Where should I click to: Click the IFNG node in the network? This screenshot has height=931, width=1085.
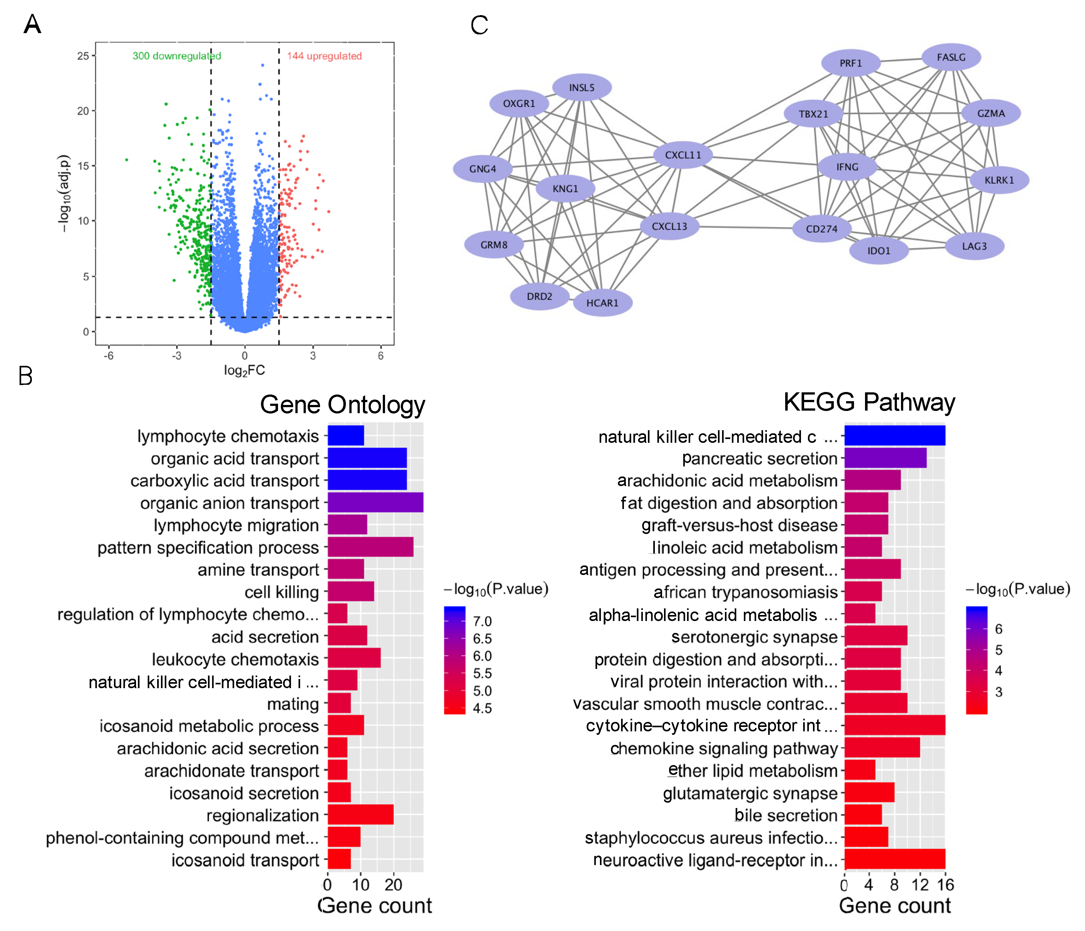(x=847, y=167)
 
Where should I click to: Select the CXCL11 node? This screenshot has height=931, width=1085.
(x=683, y=155)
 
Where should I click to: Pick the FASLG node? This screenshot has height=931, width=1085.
(x=951, y=57)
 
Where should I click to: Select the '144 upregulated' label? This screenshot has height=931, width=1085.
(x=324, y=56)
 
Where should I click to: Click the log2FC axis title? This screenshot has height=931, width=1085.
(x=245, y=371)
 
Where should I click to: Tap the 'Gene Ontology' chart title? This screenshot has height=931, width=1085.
(x=342, y=405)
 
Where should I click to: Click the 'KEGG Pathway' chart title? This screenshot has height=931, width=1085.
(x=869, y=402)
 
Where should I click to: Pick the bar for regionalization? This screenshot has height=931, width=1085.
(x=360, y=815)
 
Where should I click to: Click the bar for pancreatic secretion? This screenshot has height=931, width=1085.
(x=885, y=458)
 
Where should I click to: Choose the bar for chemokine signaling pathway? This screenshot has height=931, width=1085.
(x=882, y=748)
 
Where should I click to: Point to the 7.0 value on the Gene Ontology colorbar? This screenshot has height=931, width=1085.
(x=482, y=621)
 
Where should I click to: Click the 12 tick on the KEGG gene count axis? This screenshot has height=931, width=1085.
(x=920, y=885)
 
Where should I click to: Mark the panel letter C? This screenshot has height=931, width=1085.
(x=479, y=25)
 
